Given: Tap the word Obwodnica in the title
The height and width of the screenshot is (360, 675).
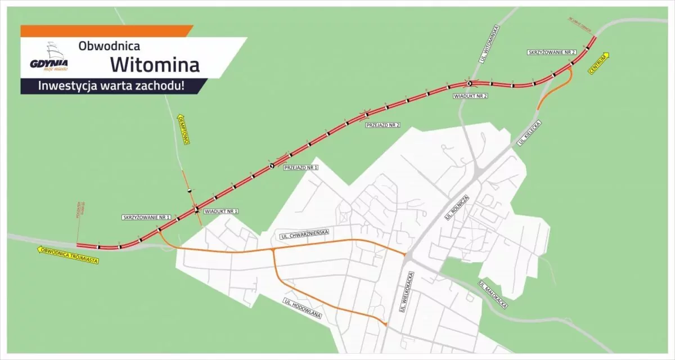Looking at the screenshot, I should click(x=109, y=44).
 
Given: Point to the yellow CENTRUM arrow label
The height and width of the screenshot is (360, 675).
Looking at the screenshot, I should click(x=600, y=62).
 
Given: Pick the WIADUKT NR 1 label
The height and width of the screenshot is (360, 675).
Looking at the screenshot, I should click(x=222, y=211).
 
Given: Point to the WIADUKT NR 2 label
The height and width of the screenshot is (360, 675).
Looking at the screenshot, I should click(x=470, y=96).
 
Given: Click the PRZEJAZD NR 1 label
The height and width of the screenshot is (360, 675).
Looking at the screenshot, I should click(x=301, y=168).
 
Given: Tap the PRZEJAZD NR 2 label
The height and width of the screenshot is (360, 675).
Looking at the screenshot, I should click(x=382, y=124).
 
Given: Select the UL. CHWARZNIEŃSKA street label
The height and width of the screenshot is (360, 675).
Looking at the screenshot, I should click(x=303, y=232).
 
